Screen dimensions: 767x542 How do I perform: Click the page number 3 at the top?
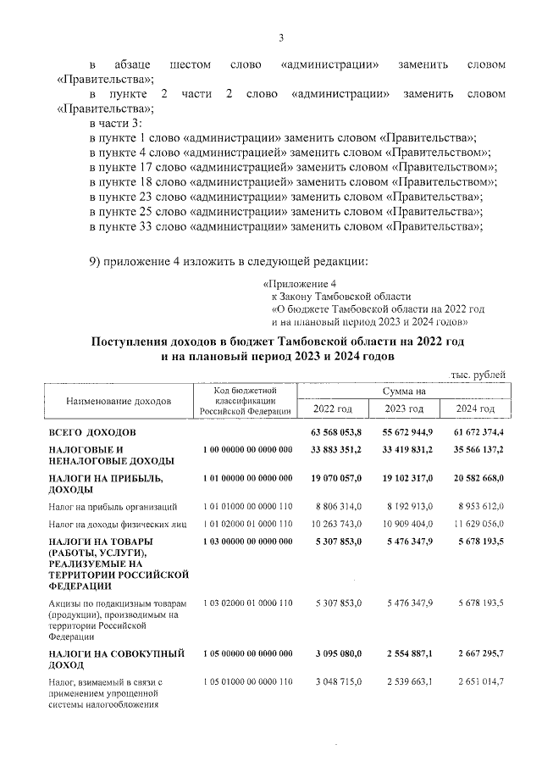pyautogui.click(x=280, y=36)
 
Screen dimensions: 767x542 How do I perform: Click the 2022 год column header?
pyautogui.click(x=333, y=409)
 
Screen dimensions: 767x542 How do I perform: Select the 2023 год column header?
pyautogui.click(x=404, y=409)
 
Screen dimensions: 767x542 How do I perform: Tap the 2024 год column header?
pyautogui.click(x=475, y=409)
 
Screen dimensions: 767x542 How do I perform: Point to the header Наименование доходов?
pyautogui.click(x=118, y=399)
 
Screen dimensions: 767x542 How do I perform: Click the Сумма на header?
pyautogui.click(x=404, y=391)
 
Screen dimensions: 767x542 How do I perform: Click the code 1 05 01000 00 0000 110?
pyautogui.click(x=247, y=681)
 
